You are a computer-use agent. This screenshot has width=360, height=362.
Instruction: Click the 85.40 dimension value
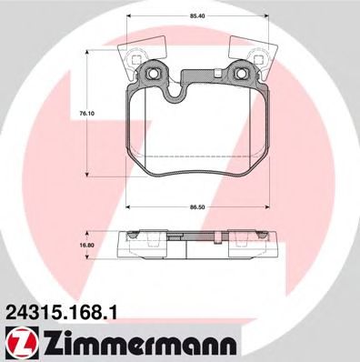click(x=197, y=16)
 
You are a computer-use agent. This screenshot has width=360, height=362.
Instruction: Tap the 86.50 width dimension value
click(x=197, y=207)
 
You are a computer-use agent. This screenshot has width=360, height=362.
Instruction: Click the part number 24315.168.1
click(x=60, y=312)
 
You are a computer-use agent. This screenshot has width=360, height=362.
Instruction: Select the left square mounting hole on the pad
click(x=151, y=73)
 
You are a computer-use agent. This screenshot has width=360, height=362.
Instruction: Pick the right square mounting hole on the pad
click(x=241, y=73)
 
